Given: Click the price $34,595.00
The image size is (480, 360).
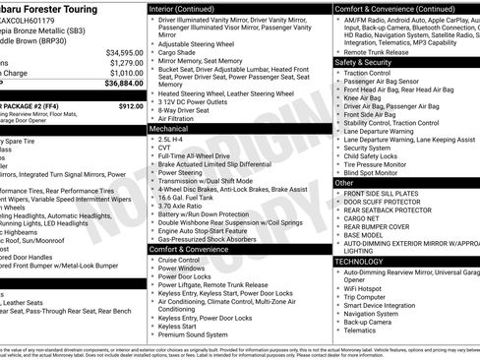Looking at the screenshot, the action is [x=124, y=52].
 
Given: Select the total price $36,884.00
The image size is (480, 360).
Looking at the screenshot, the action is [x=124, y=85].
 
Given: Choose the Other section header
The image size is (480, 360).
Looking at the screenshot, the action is [x=345, y=183].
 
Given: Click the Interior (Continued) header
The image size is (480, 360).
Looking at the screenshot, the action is [x=189, y=8].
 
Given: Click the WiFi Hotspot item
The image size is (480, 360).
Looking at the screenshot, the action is [x=369, y=287].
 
